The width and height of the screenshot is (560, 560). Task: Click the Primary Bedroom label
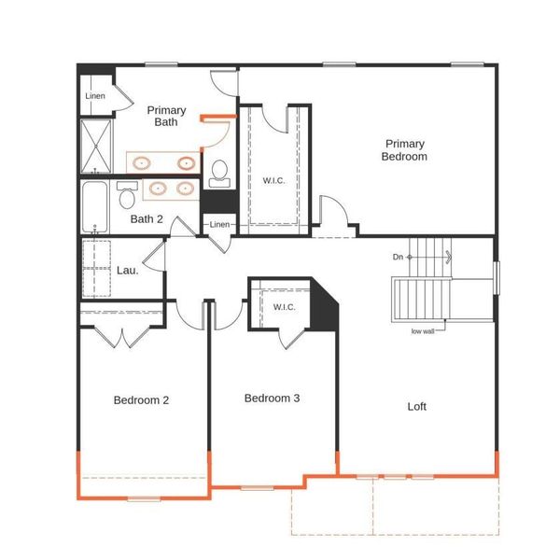[x=404, y=150]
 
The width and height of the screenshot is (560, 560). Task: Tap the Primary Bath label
[x=167, y=116]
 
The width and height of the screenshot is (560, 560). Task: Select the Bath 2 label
[x=147, y=219]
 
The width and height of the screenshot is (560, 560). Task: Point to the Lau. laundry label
[x=127, y=270]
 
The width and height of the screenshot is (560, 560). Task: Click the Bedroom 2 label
[x=141, y=400]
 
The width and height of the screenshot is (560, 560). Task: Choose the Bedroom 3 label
[x=272, y=399]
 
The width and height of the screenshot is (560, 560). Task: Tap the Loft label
[x=417, y=406]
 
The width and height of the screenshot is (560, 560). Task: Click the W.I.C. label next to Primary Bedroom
[x=273, y=180]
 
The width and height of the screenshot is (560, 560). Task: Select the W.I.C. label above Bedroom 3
[x=284, y=307]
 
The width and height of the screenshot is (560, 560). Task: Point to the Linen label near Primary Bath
[x=95, y=96]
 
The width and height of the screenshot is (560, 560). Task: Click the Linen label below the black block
[x=218, y=225]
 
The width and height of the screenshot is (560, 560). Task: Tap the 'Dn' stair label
[x=399, y=257]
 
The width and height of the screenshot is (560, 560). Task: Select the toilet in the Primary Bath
[x=220, y=171]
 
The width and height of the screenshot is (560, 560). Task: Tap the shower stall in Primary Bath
[x=95, y=146]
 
